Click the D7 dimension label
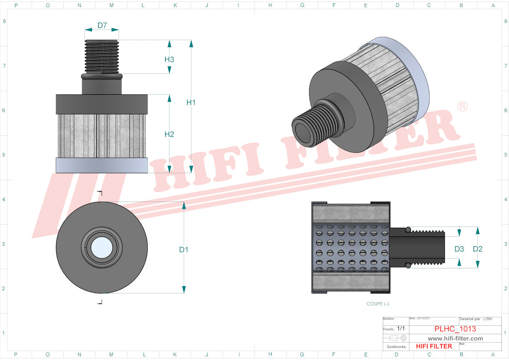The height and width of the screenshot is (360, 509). [x=102, y=25]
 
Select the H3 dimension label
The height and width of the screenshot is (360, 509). [x=169, y=59]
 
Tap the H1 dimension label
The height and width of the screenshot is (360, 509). [x=191, y=103]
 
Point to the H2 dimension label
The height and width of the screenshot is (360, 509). [x=169, y=134]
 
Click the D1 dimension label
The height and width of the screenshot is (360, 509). [x=184, y=249]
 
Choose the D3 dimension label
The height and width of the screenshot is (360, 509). [x=459, y=249]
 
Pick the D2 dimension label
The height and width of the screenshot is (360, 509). [x=477, y=249]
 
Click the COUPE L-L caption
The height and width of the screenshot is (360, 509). [x=378, y=304]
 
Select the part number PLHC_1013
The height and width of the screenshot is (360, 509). [x=455, y=329]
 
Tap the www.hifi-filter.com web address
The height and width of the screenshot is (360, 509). [x=455, y=338]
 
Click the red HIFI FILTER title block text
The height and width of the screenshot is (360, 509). [x=434, y=346]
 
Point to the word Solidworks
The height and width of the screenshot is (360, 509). [x=396, y=347]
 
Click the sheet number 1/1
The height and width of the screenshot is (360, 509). [x=401, y=328]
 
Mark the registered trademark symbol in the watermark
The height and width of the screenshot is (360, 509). [x=462, y=107]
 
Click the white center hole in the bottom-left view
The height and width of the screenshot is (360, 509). [x=102, y=248]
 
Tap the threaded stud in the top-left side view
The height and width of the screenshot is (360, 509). [x=102, y=56]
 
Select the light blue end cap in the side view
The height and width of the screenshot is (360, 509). [x=102, y=165]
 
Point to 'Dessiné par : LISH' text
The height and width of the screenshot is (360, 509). [x=476, y=319]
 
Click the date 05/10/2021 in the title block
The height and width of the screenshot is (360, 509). [x=423, y=318]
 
